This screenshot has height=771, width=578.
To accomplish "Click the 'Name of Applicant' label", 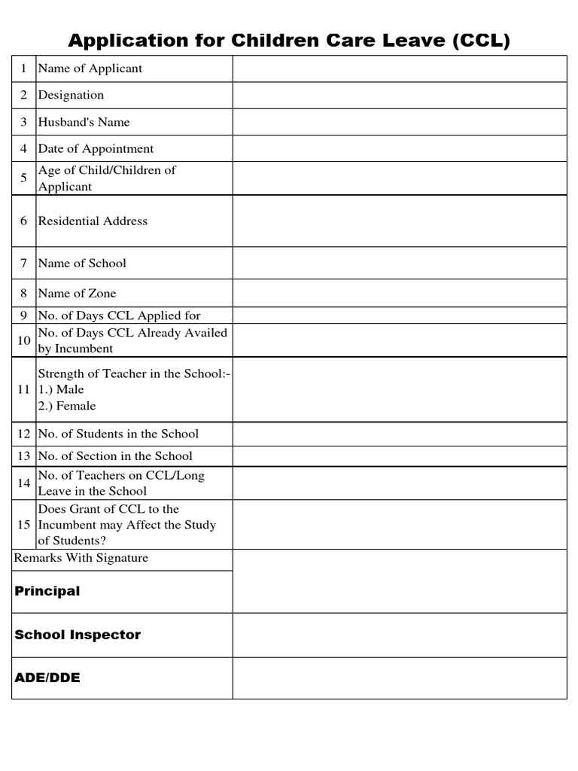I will point(90,69).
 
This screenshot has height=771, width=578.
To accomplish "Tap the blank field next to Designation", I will point(399,95).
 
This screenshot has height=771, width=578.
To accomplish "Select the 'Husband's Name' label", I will point(84,122).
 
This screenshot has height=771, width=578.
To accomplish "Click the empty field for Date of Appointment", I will point(399,149).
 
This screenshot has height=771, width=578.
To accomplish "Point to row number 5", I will point(23,178).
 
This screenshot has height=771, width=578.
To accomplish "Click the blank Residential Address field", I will point(399,221).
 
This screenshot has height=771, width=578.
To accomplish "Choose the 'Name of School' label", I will point(82,263).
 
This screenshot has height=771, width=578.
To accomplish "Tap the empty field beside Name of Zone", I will point(399,293).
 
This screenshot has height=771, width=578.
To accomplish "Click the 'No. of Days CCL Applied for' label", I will point(119,315).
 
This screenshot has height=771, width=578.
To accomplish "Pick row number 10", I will point(23,340).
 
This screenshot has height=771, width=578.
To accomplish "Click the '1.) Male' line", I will point(61,389).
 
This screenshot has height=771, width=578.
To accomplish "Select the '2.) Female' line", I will point(67,406).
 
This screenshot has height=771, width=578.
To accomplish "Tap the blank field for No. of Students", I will point(399,434).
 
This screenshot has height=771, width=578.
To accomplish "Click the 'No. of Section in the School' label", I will point(115,456).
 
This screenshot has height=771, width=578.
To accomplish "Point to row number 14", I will point(23,483).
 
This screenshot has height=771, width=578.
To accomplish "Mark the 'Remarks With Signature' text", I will point(81,558).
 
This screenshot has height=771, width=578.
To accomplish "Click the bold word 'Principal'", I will point(47,591).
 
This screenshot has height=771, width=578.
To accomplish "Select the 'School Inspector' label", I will point(78,635).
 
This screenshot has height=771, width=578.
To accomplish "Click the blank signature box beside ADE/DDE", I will point(399,678).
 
